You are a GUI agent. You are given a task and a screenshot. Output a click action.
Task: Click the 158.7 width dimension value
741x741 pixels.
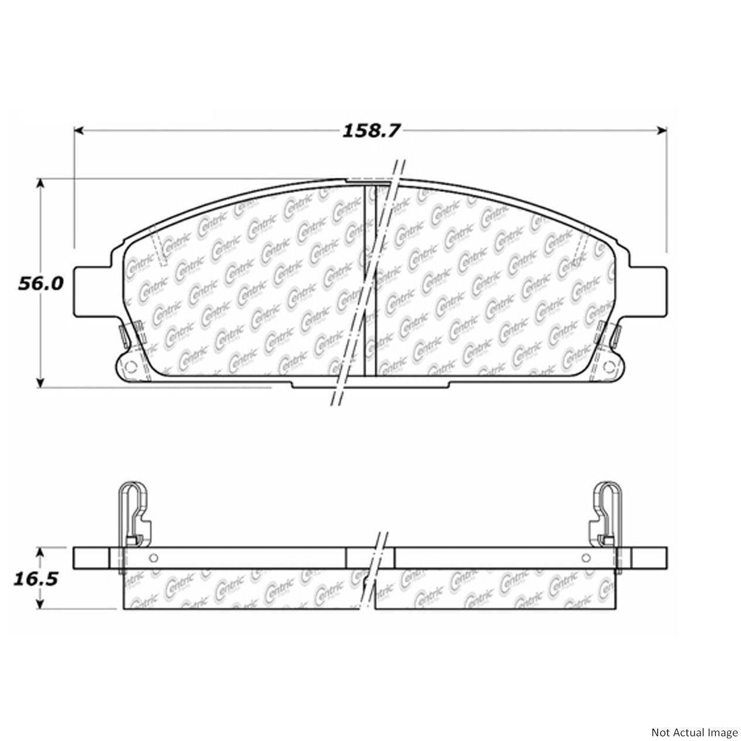pyautogui.click(x=370, y=130)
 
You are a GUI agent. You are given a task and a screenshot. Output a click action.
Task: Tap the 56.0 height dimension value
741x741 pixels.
pyautogui.click(x=40, y=284)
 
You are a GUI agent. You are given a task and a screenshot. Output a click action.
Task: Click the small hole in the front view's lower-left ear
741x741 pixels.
pyautogui.click(x=130, y=368)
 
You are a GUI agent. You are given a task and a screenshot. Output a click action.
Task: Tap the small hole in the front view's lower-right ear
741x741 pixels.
pyautogui.click(x=610, y=368)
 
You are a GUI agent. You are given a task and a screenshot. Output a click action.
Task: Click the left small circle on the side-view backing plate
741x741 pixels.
pyautogui.click(x=154, y=558)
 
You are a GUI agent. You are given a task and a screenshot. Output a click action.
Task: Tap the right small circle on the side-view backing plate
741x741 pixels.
pyautogui.click(x=586, y=558)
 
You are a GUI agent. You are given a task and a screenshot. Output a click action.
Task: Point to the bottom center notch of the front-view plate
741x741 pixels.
pyautogui.click(x=370, y=384)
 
